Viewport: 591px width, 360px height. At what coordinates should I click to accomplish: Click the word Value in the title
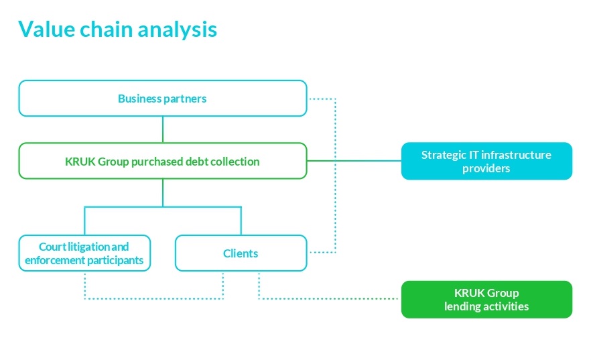click(x=47, y=29)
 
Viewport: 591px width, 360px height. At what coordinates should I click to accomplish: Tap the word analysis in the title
click(x=177, y=29)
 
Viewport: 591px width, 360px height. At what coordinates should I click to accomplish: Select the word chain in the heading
click(x=107, y=29)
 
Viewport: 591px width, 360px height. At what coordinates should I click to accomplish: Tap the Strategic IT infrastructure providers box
click(x=486, y=161)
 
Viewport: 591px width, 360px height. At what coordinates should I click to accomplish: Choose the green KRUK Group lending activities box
click(x=486, y=299)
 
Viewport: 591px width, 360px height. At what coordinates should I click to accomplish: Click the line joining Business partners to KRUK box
click(x=163, y=129)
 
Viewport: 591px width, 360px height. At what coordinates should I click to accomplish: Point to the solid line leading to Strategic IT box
click(x=354, y=161)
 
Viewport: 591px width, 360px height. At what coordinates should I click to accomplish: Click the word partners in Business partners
click(x=185, y=99)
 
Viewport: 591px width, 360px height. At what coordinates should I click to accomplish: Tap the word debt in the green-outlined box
click(x=197, y=162)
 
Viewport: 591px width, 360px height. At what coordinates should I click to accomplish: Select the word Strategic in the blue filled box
click(x=444, y=156)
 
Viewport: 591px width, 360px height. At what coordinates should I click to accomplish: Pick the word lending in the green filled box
click(x=462, y=306)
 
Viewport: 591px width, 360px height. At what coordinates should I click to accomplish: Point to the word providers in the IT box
click(x=486, y=168)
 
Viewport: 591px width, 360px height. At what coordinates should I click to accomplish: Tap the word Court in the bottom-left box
click(x=52, y=247)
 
